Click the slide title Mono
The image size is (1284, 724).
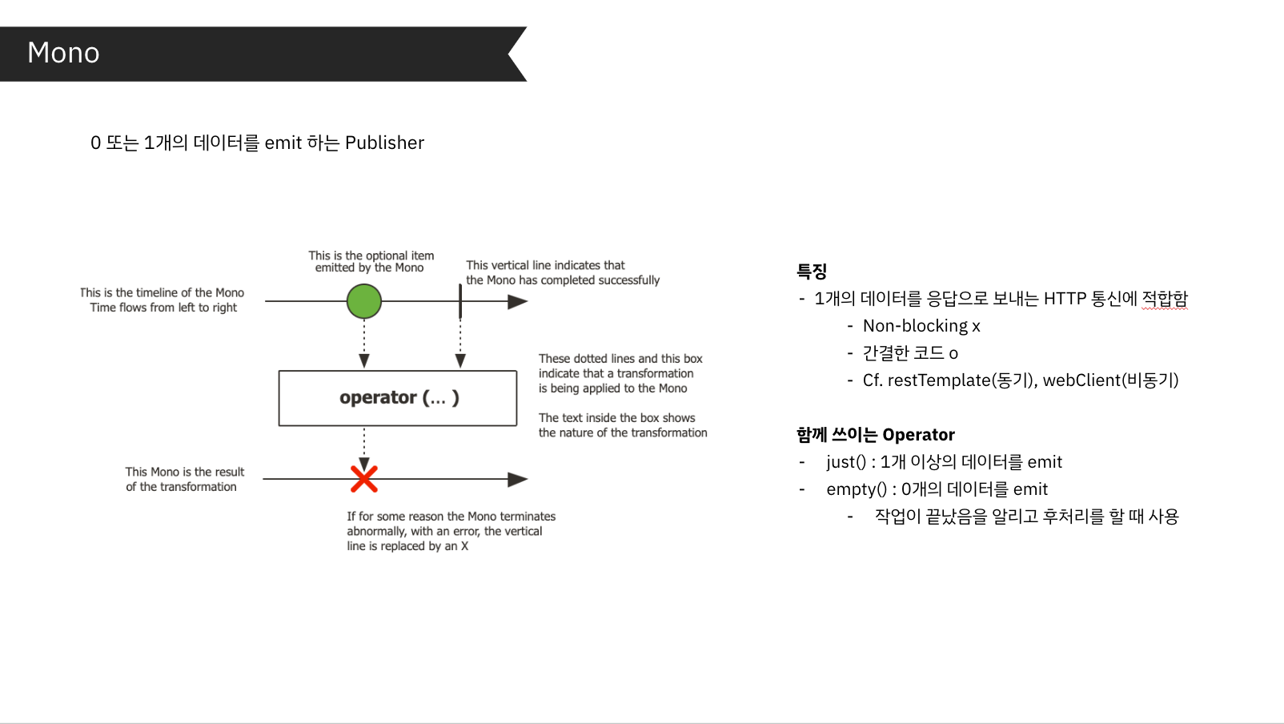pyautogui.click(x=63, y=53)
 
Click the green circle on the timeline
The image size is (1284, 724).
pyautogui.click(x=364, y=302)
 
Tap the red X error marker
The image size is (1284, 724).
pyautogui.click(x=364, y=479)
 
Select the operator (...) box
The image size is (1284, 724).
pyautogui.click(x=398, y=398)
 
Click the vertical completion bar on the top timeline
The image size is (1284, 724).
pyautogui.click(x=460, y=301)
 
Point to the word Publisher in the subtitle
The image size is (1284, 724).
pyautogui.click(x=384, y=143)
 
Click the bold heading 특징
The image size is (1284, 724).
pyautogui.click(x=812, y=271)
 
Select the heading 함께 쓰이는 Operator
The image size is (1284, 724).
pyautogui.click(x=875, y=435)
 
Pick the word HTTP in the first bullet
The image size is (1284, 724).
pyautogui.click(x=1065, y=299)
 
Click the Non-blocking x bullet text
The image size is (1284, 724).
pyautogui.click(x=921, y=326)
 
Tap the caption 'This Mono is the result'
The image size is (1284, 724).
pyautogui.click(x=185, y=472)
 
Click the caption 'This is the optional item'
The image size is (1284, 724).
pyautogui.click(x=371, y=255)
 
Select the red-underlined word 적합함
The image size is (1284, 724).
pyautogui.click(x=1165, y=299)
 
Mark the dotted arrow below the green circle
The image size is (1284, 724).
pyautogui.click(x=364, y=340)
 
